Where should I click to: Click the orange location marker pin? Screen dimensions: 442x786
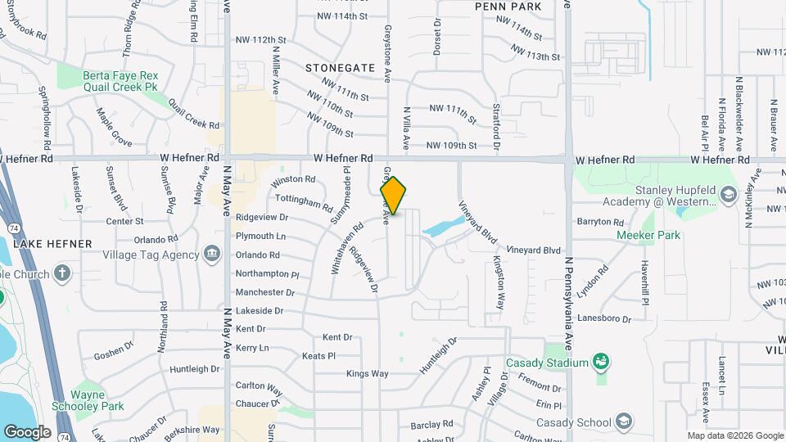(393, 196)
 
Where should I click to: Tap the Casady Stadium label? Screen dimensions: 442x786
(547, 363)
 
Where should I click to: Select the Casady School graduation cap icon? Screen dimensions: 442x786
(625, 422)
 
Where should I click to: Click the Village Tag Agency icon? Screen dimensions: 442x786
(213, 254)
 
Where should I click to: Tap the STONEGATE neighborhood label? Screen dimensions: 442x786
(340, 68)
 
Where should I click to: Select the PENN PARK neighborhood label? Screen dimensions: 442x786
(508, 7)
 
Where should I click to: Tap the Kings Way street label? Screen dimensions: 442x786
(367, 374)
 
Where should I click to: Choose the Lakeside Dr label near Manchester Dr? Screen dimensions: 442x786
(259, 311)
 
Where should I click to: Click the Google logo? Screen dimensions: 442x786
(27, 431)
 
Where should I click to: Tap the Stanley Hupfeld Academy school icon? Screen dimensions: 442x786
(726, 196)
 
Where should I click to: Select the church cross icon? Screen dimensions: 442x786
(63, 273)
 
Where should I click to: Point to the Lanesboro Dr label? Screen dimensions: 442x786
(604, 319)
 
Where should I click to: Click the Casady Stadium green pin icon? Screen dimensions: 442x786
(601, 361)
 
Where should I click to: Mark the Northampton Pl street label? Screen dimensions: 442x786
(268, 274)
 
